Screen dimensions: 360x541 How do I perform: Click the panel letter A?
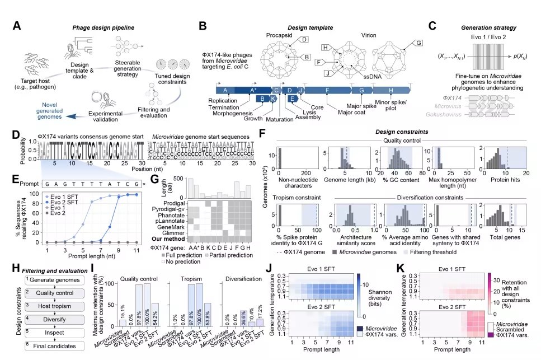[17, 26]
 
